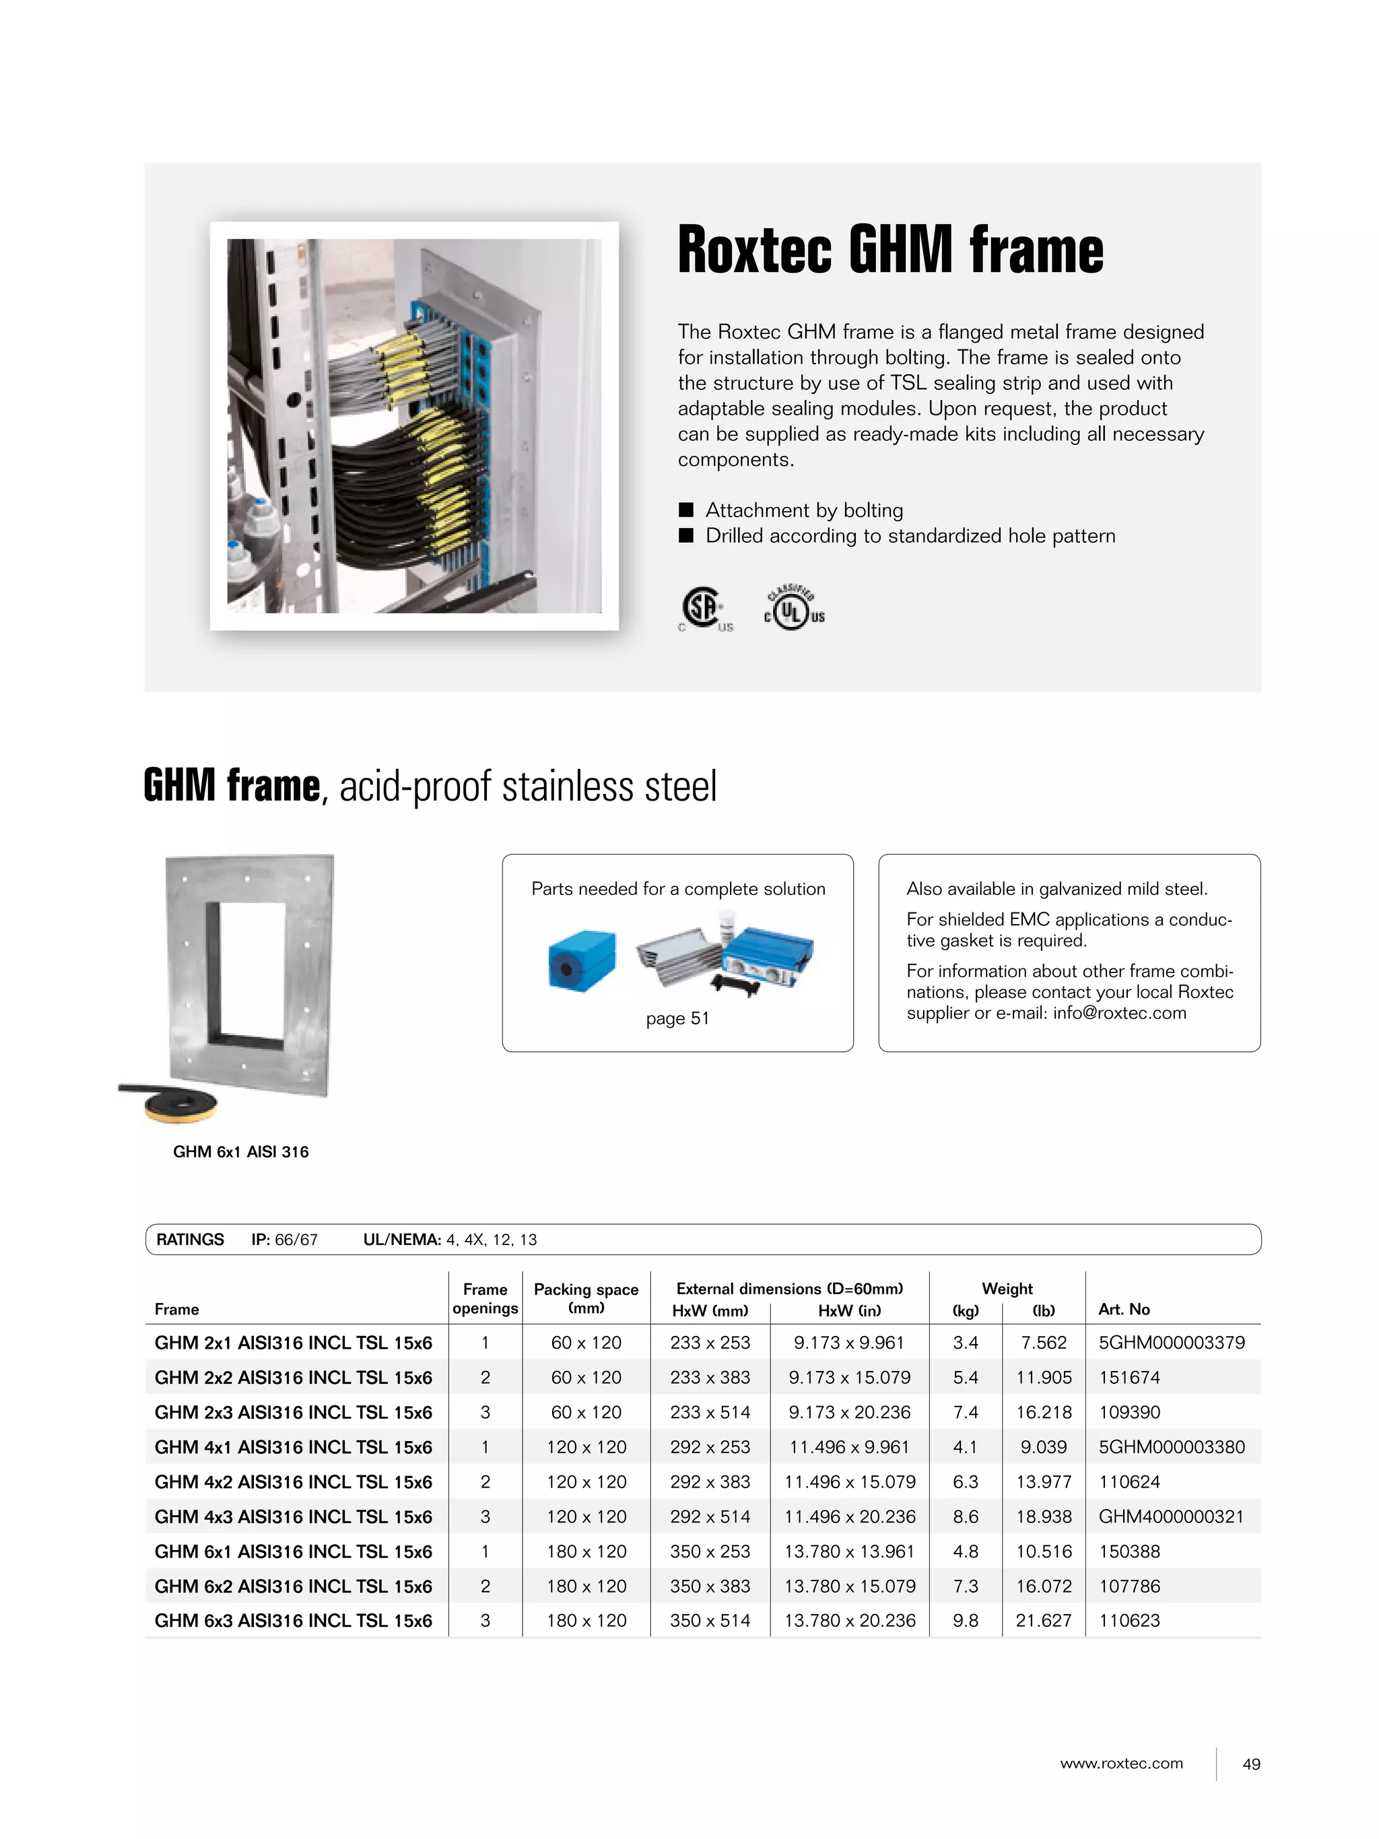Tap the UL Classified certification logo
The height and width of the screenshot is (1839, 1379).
click(x=794, y=609)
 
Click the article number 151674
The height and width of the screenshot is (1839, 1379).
click(x=1129, y=1378)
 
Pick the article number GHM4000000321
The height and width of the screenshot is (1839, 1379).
click(x=1170, y=1516)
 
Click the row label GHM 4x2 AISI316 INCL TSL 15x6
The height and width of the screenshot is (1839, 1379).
click(x=293, y=1481)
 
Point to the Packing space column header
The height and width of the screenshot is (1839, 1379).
click(x=586, y=1297)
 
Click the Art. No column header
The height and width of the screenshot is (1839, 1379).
click(x=1124, y=1310)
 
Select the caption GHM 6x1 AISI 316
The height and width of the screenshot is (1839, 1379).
click(x=240, y=1151)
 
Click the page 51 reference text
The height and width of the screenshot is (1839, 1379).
click(x=677, y=1018)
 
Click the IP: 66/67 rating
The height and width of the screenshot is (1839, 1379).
click(x=284, y=1240)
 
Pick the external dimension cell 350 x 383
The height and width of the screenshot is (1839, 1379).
click(x=710, y=1586)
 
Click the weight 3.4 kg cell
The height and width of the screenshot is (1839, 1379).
click(x=965, y=1343)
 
